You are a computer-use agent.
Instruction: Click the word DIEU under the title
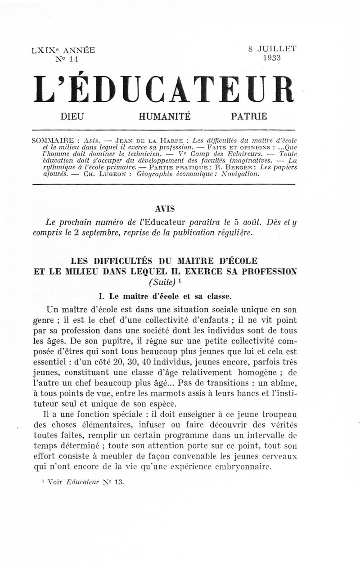click(72, 117)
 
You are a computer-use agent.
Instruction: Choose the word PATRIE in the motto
click(249, 117)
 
